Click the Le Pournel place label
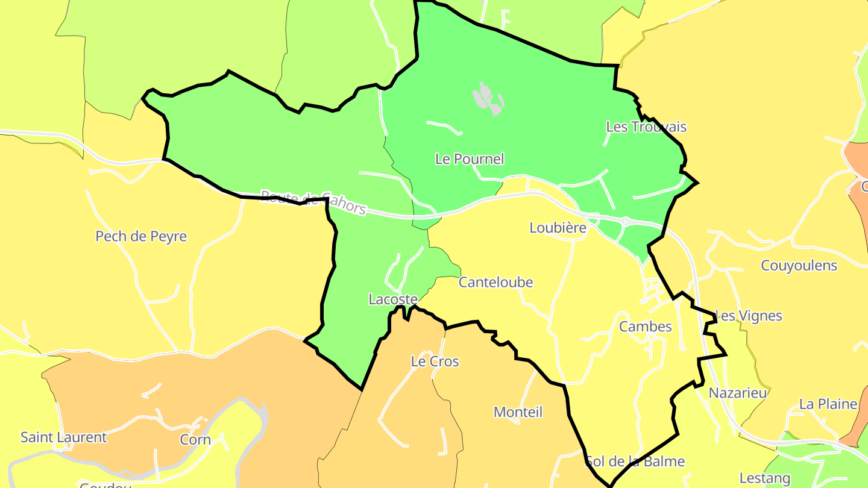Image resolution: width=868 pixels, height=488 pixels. tap(470, 159)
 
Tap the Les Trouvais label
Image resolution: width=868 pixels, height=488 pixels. tap(646, 127)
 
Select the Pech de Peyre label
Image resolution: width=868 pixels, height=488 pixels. tap(141, 236)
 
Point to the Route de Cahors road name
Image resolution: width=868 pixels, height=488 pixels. tap(313, 202)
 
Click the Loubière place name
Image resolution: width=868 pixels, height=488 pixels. tap(558, 228)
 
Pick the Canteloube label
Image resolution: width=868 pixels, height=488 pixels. tap(496, 282)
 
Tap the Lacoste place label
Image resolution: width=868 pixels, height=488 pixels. tap(393, 299)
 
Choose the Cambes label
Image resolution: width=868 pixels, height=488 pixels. tap(646, 327)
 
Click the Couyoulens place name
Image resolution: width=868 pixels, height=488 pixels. tap(799, 266)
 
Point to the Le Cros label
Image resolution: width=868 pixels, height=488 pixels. tap(435, 361)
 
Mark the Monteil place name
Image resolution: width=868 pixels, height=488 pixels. tap(518, 412)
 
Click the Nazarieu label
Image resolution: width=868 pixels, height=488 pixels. tap(738, 393)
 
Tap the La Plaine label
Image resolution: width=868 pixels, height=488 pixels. tap(828, 404)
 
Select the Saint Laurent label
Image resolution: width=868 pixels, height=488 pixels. tap(64, 437)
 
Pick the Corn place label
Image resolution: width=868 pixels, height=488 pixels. tap(195, 440)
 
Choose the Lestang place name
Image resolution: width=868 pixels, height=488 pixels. tap(765, 478)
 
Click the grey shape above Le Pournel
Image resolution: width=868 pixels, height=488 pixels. tap(488, 98)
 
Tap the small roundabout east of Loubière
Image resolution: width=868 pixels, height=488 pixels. tap(625, 222)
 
